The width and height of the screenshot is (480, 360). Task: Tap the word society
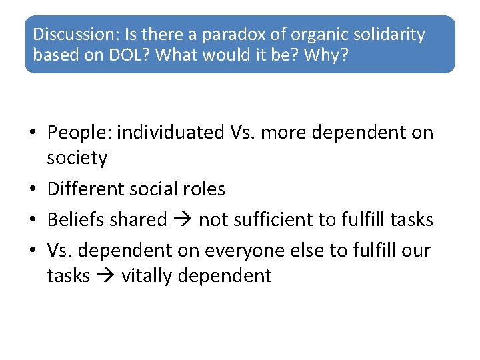[x=77, y=159]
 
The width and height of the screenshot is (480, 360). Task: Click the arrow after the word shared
[x=183, y=220]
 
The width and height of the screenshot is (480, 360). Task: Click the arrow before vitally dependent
[x=105, y=276]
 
